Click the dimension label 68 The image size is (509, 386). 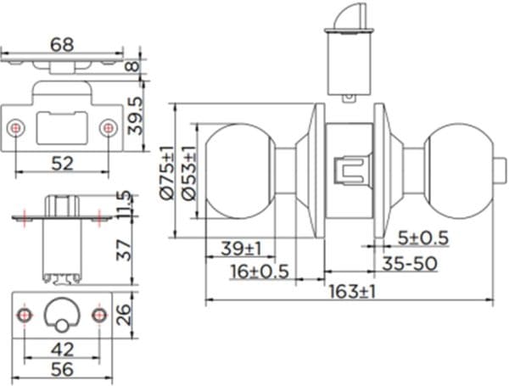coord(61,43)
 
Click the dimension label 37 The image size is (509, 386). coord(125,249)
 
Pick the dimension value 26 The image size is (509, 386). coord(125,315)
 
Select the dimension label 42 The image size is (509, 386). coord(60,348)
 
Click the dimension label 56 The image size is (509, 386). coord(60,369)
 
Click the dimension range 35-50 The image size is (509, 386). coord(408,264)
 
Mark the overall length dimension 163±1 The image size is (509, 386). coord(351,291)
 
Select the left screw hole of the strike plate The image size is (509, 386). coord(17,128)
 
